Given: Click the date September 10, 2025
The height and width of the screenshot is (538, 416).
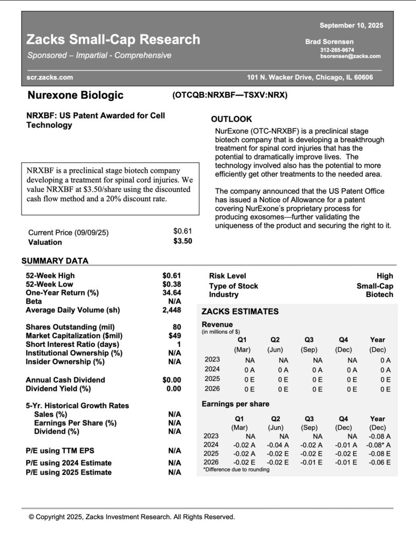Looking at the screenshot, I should (351, 25).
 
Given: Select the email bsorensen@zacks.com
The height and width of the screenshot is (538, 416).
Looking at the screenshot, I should (350, 56).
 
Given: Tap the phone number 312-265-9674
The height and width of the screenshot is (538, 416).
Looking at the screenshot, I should (337, 50).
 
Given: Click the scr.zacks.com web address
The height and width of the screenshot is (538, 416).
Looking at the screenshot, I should (50, 78).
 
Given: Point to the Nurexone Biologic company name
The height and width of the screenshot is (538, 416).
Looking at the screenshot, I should (75, 95).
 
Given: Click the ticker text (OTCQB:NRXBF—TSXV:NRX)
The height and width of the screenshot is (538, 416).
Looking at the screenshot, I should (229, 95).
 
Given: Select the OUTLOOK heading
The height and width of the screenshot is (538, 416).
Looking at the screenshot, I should (231, 119).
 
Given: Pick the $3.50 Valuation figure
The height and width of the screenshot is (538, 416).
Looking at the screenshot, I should (182, 241).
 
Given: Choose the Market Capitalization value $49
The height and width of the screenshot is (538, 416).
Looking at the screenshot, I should (175, 336).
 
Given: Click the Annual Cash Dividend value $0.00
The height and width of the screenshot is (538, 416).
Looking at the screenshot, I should (171, 380).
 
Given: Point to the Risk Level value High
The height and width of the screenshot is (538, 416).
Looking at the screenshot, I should (384, 276).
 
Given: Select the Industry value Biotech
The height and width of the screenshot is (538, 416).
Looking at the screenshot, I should (379, 295).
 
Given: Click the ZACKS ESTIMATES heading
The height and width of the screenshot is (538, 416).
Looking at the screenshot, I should (240, 312).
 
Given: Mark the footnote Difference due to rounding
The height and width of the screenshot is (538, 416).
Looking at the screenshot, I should (236, 470).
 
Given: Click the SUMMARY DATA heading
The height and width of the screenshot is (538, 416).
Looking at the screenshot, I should (55, 261).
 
